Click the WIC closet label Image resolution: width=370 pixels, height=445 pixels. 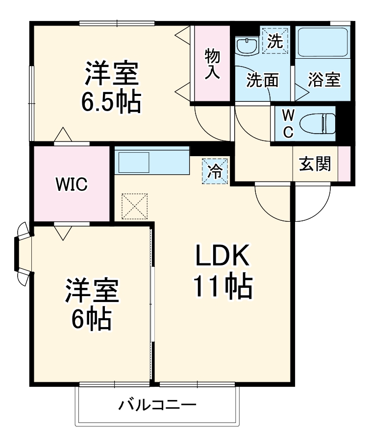point(71,185)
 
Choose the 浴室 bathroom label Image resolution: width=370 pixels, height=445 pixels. point(324,80)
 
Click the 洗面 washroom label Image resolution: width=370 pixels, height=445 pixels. point(262,80)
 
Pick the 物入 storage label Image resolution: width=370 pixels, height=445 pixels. point(212,64)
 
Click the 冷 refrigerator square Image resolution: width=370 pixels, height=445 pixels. point(216,171)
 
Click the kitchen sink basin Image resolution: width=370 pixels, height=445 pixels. point(132,162)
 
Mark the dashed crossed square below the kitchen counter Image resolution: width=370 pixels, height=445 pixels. point(134,206)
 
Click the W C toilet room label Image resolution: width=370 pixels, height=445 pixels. point(288,123)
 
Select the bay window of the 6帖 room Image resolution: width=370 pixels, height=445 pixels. point(23,253)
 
